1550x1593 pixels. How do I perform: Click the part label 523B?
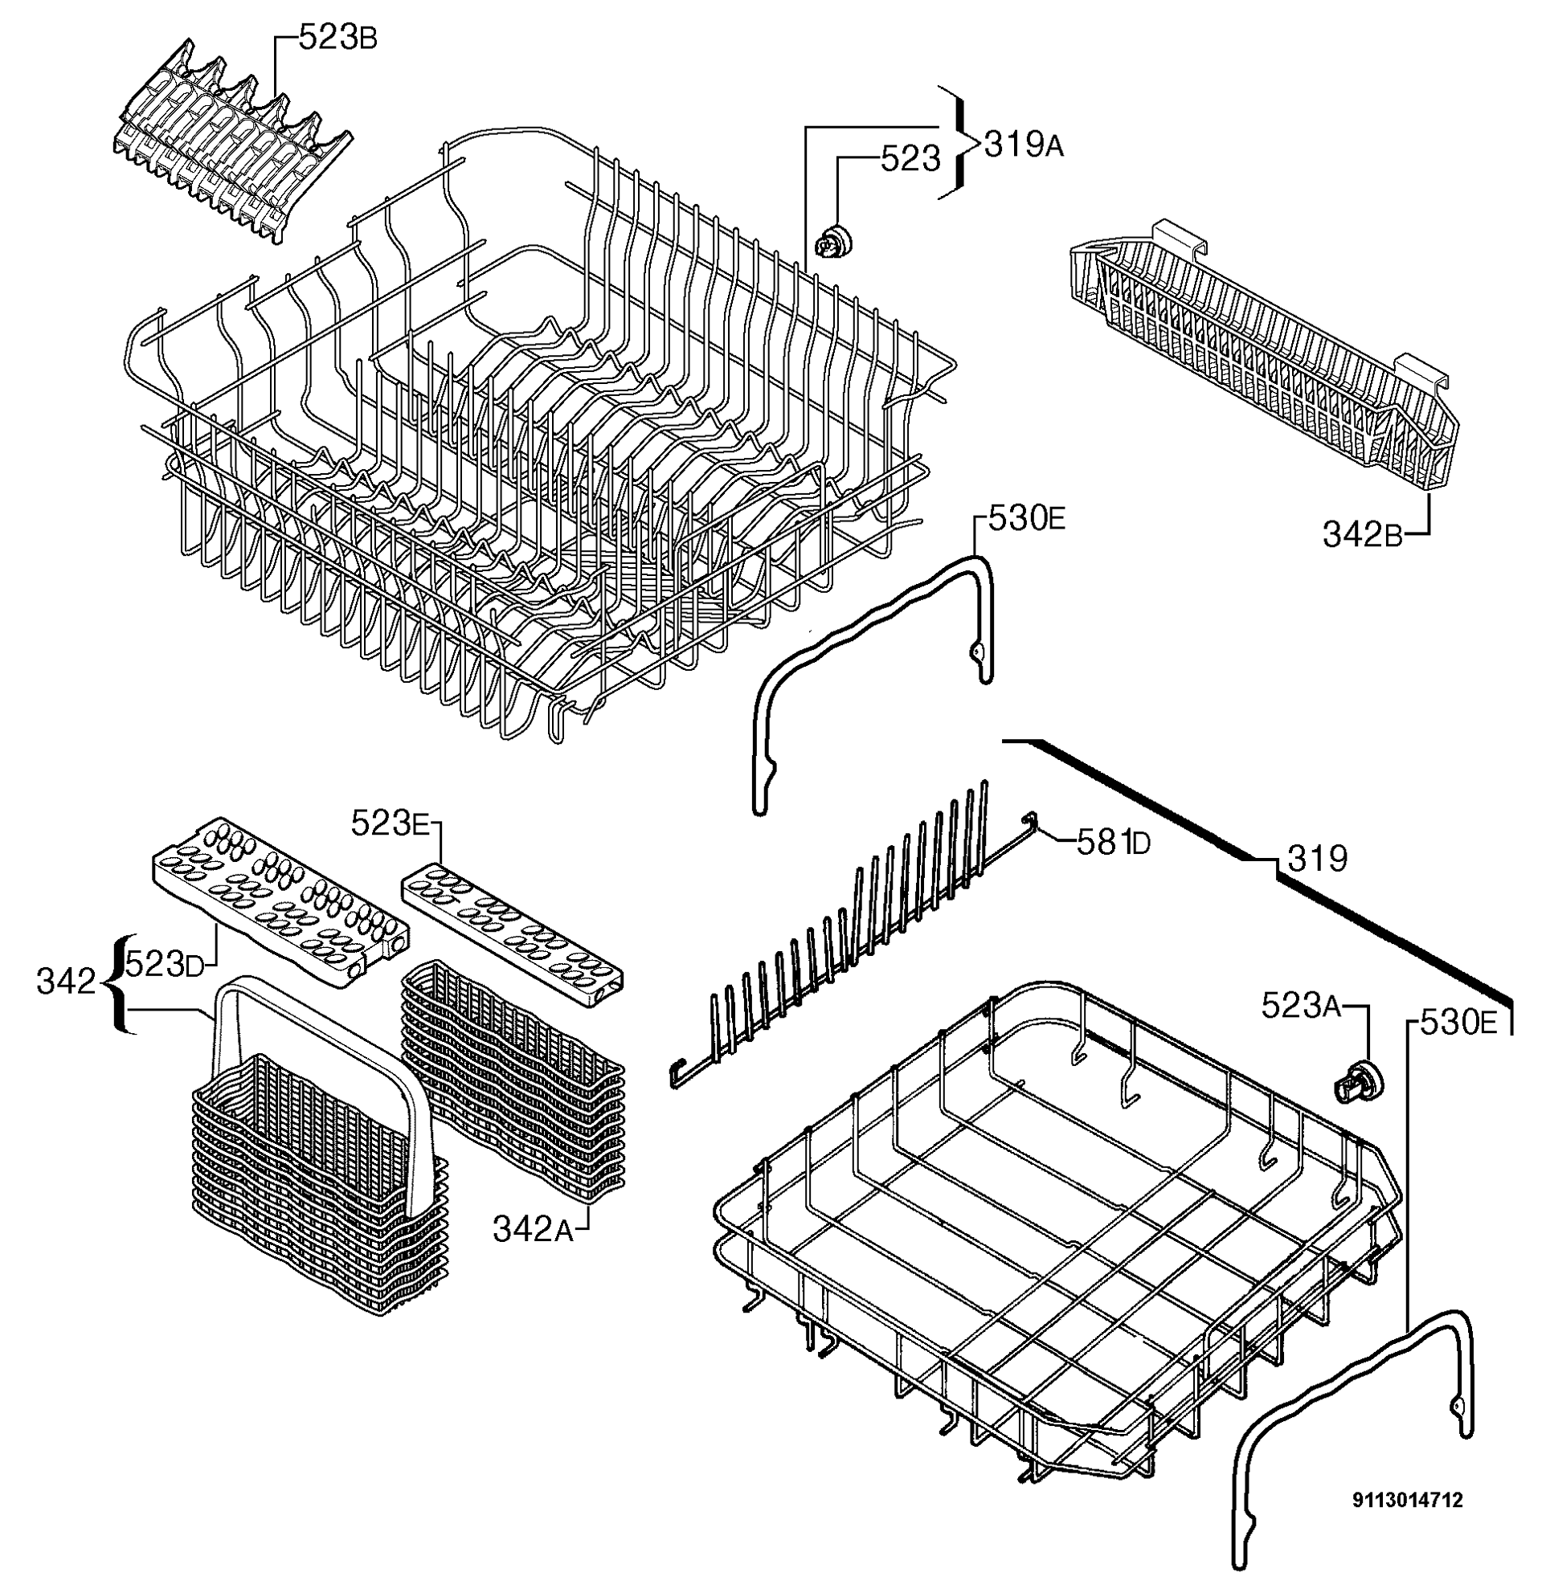(337, 39)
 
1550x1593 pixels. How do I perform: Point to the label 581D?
(1113, 843)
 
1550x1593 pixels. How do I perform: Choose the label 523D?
(165, 965)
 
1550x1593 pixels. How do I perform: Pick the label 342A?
(534, 1229)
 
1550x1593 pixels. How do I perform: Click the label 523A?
(1301, 1006)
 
